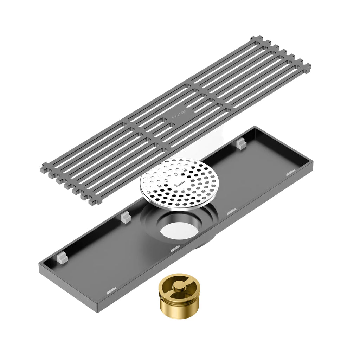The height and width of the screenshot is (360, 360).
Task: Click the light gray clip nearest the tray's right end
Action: point(240,143)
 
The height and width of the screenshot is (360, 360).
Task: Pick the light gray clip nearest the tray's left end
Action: point(62,258)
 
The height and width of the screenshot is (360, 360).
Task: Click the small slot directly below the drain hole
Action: point(175,249)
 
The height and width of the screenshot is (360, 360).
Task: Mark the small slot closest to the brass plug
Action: point(112,290)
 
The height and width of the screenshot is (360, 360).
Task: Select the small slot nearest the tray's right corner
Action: point(290,173)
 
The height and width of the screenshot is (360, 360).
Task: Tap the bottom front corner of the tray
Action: point(98,311)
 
